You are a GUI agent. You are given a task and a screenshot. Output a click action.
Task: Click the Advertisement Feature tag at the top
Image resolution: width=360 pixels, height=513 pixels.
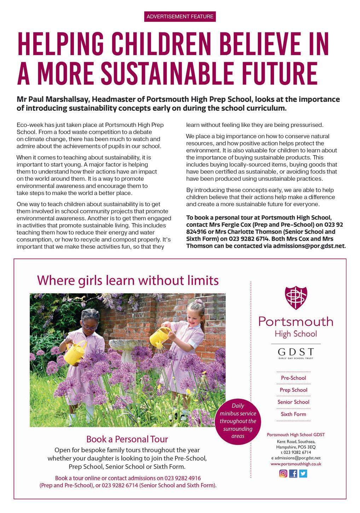pos(180,16)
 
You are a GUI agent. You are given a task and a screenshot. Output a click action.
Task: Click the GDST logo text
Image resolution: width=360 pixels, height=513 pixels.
pos(296,352)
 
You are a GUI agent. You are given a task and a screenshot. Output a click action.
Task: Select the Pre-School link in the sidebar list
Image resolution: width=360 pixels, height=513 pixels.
pos(294,378)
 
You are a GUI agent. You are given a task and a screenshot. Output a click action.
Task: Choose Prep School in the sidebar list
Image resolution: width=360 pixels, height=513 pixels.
pos(294,390)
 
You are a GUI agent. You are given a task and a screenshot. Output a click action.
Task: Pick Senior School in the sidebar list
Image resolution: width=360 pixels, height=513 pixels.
pos(294,402)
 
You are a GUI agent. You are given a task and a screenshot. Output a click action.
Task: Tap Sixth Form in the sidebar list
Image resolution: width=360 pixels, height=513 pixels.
pos(294,414)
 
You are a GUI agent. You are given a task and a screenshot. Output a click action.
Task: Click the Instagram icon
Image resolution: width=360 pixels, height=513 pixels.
pos(283,473)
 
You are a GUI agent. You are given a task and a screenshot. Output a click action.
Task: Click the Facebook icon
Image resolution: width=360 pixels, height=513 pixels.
pos(293,473)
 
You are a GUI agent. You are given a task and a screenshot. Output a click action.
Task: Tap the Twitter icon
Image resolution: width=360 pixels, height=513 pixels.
pos(303,473)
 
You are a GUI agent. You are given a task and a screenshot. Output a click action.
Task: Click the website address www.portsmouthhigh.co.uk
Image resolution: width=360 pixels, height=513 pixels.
pos(296,464)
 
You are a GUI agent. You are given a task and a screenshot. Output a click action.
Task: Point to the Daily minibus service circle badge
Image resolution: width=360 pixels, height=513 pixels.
pos(238,421)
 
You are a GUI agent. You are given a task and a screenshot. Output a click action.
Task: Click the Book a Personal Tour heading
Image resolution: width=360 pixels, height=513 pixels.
pos(127,439)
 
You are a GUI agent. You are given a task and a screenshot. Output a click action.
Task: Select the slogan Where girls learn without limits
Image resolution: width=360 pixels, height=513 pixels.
pos(128,280)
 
